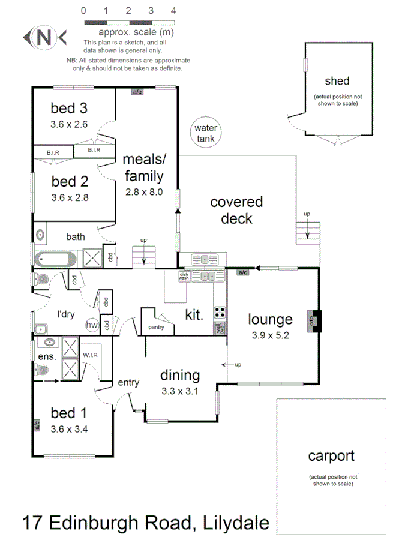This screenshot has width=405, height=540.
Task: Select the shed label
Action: click(x=337, y=81)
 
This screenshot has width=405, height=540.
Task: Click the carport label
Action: click(x=331, y=455)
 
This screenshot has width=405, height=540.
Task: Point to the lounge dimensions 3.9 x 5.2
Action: click(x=270, y=335)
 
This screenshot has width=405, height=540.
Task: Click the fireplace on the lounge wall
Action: click(x=314, y=320)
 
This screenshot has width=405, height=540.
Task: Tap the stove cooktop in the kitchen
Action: click(x=220, y=313)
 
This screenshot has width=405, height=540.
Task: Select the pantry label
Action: click(x=156, y=327)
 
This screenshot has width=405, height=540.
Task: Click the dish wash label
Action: click(x=184, y=277)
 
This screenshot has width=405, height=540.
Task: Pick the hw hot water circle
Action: click(x=92, y=325)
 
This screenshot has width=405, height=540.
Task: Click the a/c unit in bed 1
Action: click(x=37, y=425)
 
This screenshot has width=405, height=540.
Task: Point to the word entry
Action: click(x=128, y=382)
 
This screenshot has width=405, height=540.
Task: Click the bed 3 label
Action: click(x=69, y=109)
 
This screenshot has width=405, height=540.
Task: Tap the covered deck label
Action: click(x=236, y=210)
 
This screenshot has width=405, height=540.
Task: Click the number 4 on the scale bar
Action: click(x=173, y=11)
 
